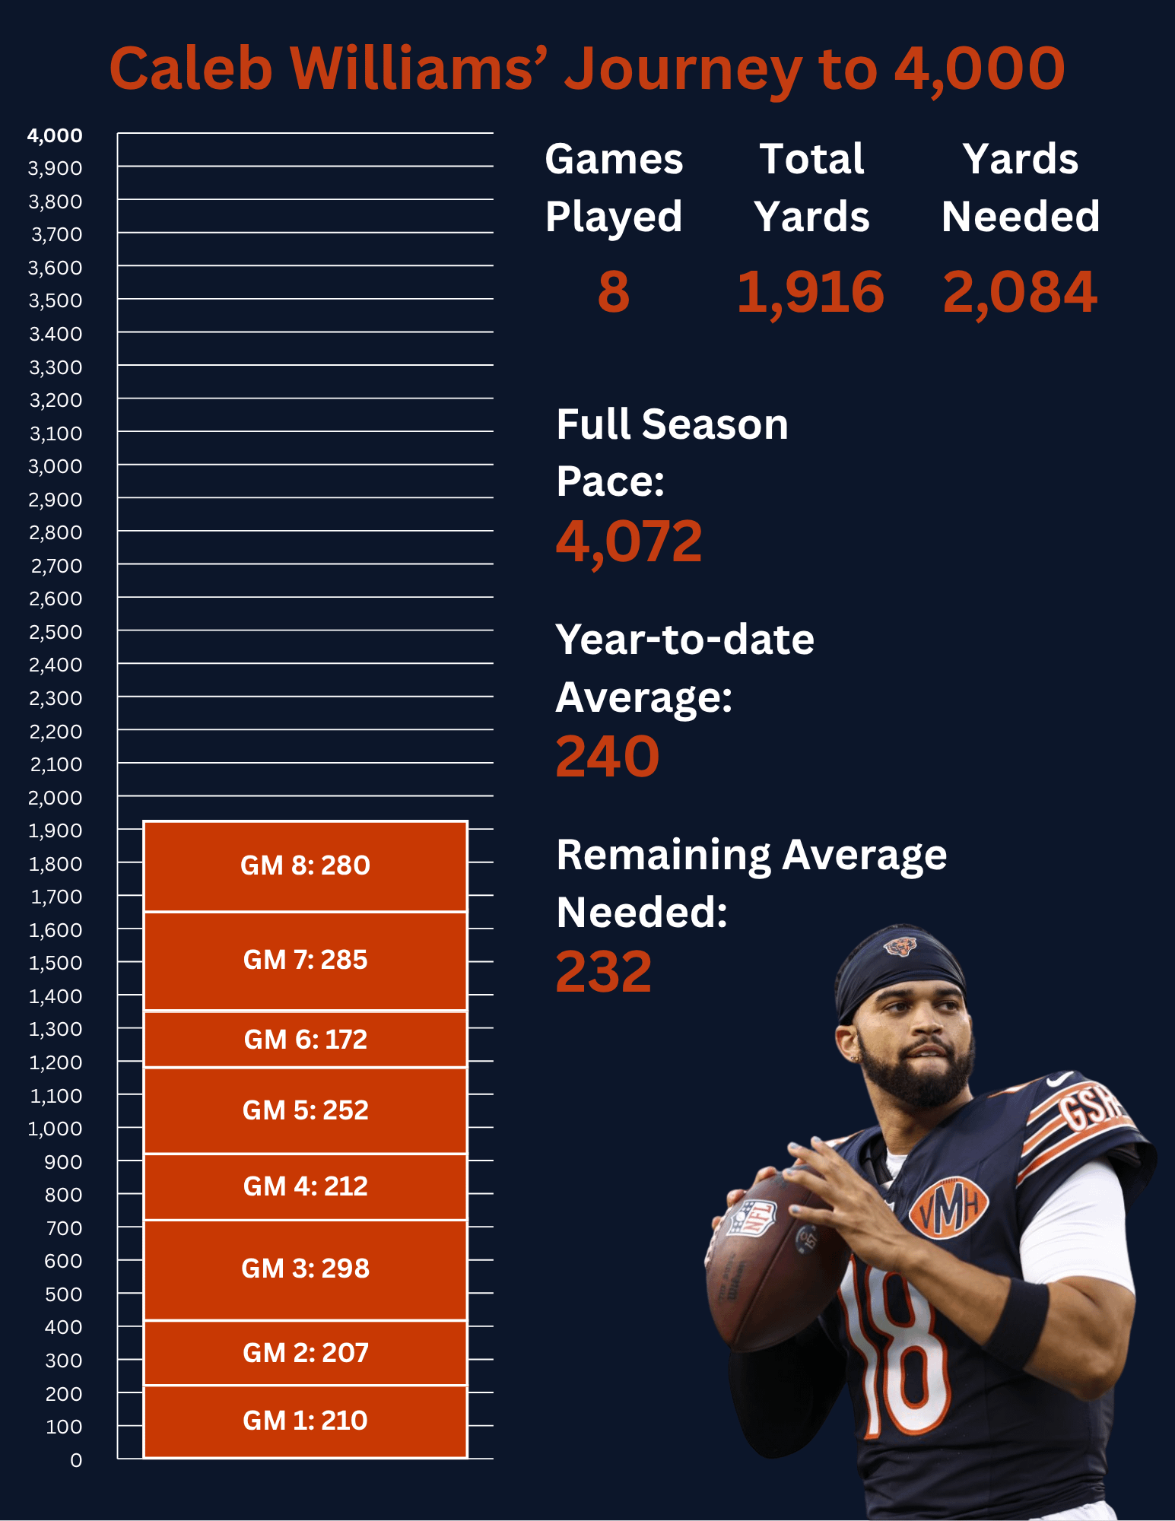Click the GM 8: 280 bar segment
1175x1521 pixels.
[x=305, y=865]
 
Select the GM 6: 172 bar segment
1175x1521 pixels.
[x=305, y=1039]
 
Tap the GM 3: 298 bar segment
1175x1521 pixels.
[x=305, y=1269]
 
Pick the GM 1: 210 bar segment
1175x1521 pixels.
[x=305, y=1421]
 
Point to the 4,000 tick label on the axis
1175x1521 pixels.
[x=55, y=135]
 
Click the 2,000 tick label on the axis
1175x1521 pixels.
[x=55, y=798]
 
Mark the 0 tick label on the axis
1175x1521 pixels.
[x=76, y=1460]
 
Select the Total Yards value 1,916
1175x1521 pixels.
[x=811, y=292]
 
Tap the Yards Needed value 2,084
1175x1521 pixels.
[x=1020, y=292]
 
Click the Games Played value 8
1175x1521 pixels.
[x=613, y=292]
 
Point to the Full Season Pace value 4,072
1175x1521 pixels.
[x=629, y=541]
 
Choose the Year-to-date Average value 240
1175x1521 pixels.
[x=607, y=757]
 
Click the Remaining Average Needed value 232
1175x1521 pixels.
[x=604, y=972]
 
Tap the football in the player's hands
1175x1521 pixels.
[x=768, y=1262]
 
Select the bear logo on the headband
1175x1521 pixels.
[x=900, y=946]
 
